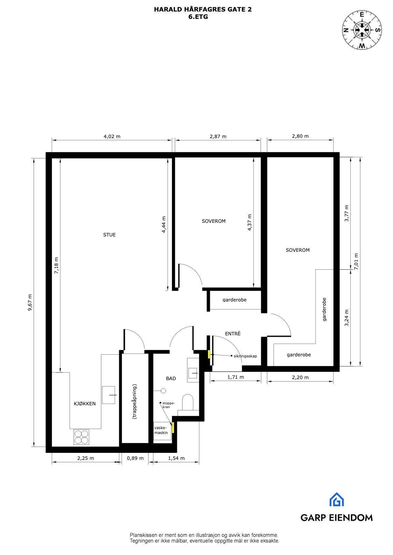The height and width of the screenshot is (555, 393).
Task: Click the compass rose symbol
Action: pyautogui.click(x=362, y=30)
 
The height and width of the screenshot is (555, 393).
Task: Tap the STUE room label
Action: pyautogui.click(x=109, y=235)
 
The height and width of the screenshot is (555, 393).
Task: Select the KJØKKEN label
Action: pyautogui.click(x=84, y=404)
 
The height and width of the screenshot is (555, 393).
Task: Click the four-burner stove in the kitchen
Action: pyautogui.click(x=81, y=437)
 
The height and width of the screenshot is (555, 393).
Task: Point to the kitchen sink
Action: pyautogui.click(x=109, y=395)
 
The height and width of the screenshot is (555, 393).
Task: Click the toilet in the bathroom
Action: pyautogui.click(x=188, y=402)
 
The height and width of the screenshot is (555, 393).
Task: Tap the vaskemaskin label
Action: pyautogui.click(x=161, y=430)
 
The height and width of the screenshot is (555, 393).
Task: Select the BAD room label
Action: pyautogui.click(x=171, y=378)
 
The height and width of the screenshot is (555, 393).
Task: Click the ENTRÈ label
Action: pyautogui.click(x=233, y=334)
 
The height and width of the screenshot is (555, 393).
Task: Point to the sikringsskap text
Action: pyautogui.click(x=245, y=356)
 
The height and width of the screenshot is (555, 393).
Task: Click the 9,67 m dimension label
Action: pyautogui.click(x=30, y=302)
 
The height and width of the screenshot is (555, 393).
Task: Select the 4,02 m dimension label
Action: pyautogui.click(x=112, y=136)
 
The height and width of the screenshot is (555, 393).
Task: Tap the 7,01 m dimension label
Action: pyautogui.click(x=356, y=261)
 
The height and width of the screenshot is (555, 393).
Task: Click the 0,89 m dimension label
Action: pyautogui.click(x=135, y=458)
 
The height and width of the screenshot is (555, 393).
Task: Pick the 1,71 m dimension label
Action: pyautogui.click(x=235, y=377)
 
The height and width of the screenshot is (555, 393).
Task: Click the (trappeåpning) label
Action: pyautogui.click(x=135, y=402)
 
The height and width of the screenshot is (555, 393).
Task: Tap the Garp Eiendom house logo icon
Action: pyautogui.click(x=336, y=499)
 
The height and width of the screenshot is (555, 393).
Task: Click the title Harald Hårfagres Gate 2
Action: pyautogui.click(x=203, y=10)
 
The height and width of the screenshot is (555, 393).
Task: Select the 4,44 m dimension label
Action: pyautogui.click(x=164, y=225)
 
